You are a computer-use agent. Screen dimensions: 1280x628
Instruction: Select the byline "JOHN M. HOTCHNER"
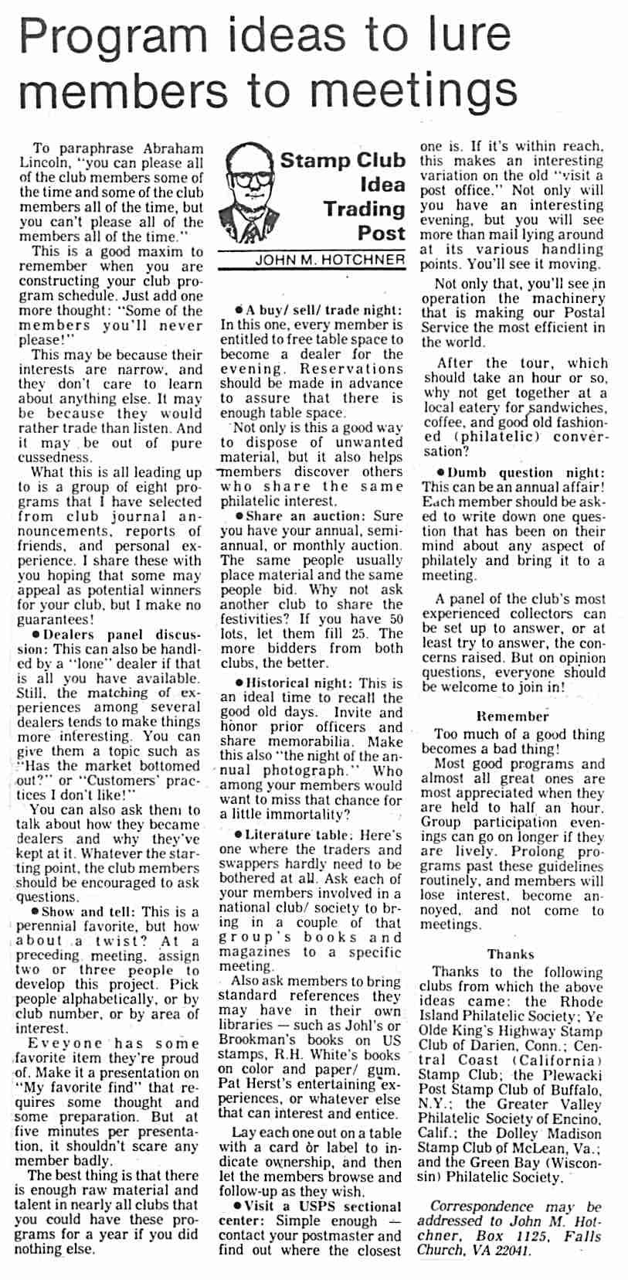click(330, 260)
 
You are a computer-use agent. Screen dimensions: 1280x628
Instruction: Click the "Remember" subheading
click(513, 717)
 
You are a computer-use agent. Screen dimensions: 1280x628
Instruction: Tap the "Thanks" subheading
click(511, 954)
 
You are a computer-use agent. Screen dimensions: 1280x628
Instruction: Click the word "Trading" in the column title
click(364, 209)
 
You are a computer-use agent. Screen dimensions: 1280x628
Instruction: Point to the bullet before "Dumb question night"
click(440, 472)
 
